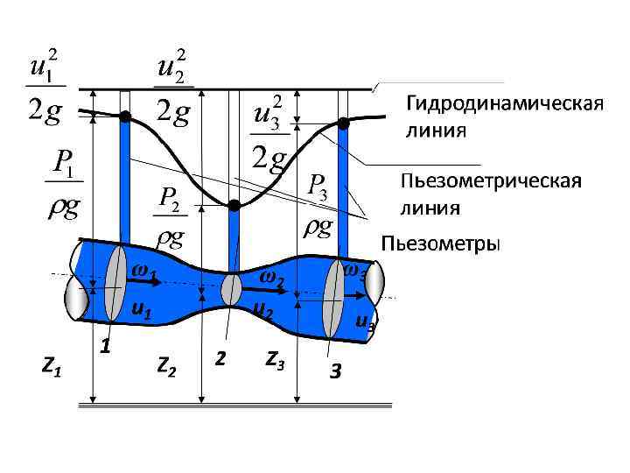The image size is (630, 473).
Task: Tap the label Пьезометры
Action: (x=441, y=244)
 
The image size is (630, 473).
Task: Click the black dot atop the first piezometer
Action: (x=125, y=116)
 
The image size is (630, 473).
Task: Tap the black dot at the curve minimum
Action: (x=234, y=206)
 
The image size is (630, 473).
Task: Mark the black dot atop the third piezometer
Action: (x=344, y=122)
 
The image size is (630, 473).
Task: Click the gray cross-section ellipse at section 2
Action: (x=231, y=290)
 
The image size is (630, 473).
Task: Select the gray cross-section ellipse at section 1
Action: (x=116, y=290)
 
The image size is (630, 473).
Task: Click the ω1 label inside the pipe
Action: (x=143, y=272)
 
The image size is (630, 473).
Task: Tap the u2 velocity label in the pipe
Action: (x=262, y=310)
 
